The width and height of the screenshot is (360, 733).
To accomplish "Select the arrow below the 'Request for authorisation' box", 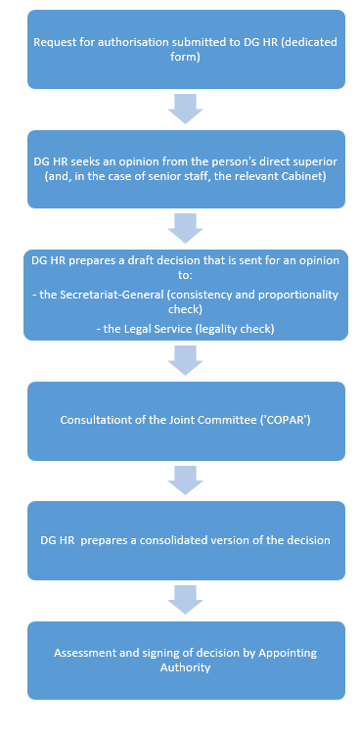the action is pyautogui.click(x=185, y=109).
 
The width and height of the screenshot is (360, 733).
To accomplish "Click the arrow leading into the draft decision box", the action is pyautogui.click(x=185, y=229).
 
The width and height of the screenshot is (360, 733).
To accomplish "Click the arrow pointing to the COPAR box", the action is pyautogui.click(x=185, y=360).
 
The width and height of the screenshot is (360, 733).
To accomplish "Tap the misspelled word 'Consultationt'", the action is pyautogui.click(x=93, y=420).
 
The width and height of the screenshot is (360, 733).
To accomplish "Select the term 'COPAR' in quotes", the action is pyautogui.click(x=291, y=420).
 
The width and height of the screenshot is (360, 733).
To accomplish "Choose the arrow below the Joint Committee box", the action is pyautogui.click(x=185, y=481).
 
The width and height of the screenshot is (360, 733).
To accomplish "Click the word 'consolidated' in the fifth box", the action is pyautogui.click(x=211, y=540).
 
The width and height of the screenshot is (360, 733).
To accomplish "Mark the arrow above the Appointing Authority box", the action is pyautogui.click(x=185, y=600).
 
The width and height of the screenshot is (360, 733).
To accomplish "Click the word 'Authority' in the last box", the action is pyautogui.click(x=186, y=667).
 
